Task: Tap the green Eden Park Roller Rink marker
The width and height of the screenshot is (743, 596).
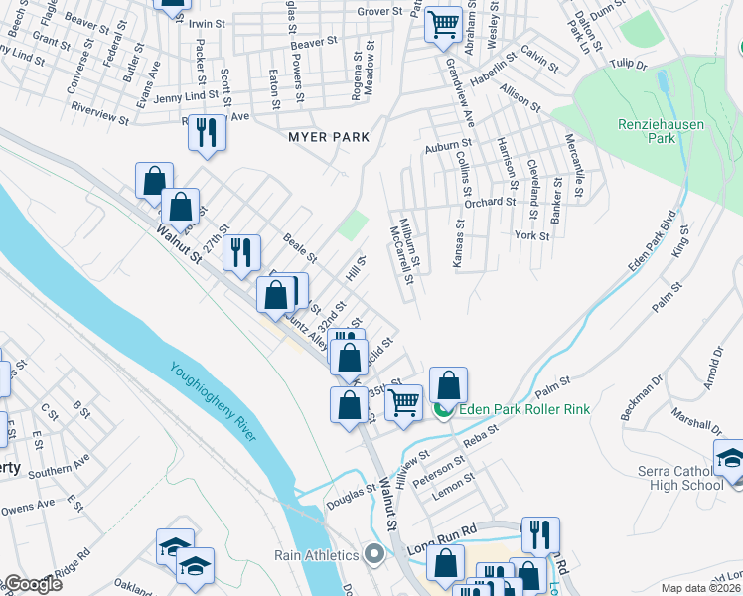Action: point(444,409)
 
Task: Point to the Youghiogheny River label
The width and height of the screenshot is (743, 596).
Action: point(214,407)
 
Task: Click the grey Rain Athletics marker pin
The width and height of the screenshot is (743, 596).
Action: point(373,552)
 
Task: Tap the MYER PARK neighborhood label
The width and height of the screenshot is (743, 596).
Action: point(329,137)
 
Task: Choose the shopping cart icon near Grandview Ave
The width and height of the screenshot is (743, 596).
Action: point(443,24)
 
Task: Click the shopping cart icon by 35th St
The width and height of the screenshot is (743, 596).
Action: point(402,402)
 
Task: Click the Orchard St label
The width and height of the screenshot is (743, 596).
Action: point(488,202)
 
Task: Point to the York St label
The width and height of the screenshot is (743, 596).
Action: point(532,235)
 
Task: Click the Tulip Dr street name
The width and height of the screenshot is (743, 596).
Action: point(628,65)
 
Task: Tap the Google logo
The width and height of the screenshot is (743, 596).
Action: point(32,584)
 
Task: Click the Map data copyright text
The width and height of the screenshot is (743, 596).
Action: point(699,588)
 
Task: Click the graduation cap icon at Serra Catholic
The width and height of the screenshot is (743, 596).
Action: point(730,459)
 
